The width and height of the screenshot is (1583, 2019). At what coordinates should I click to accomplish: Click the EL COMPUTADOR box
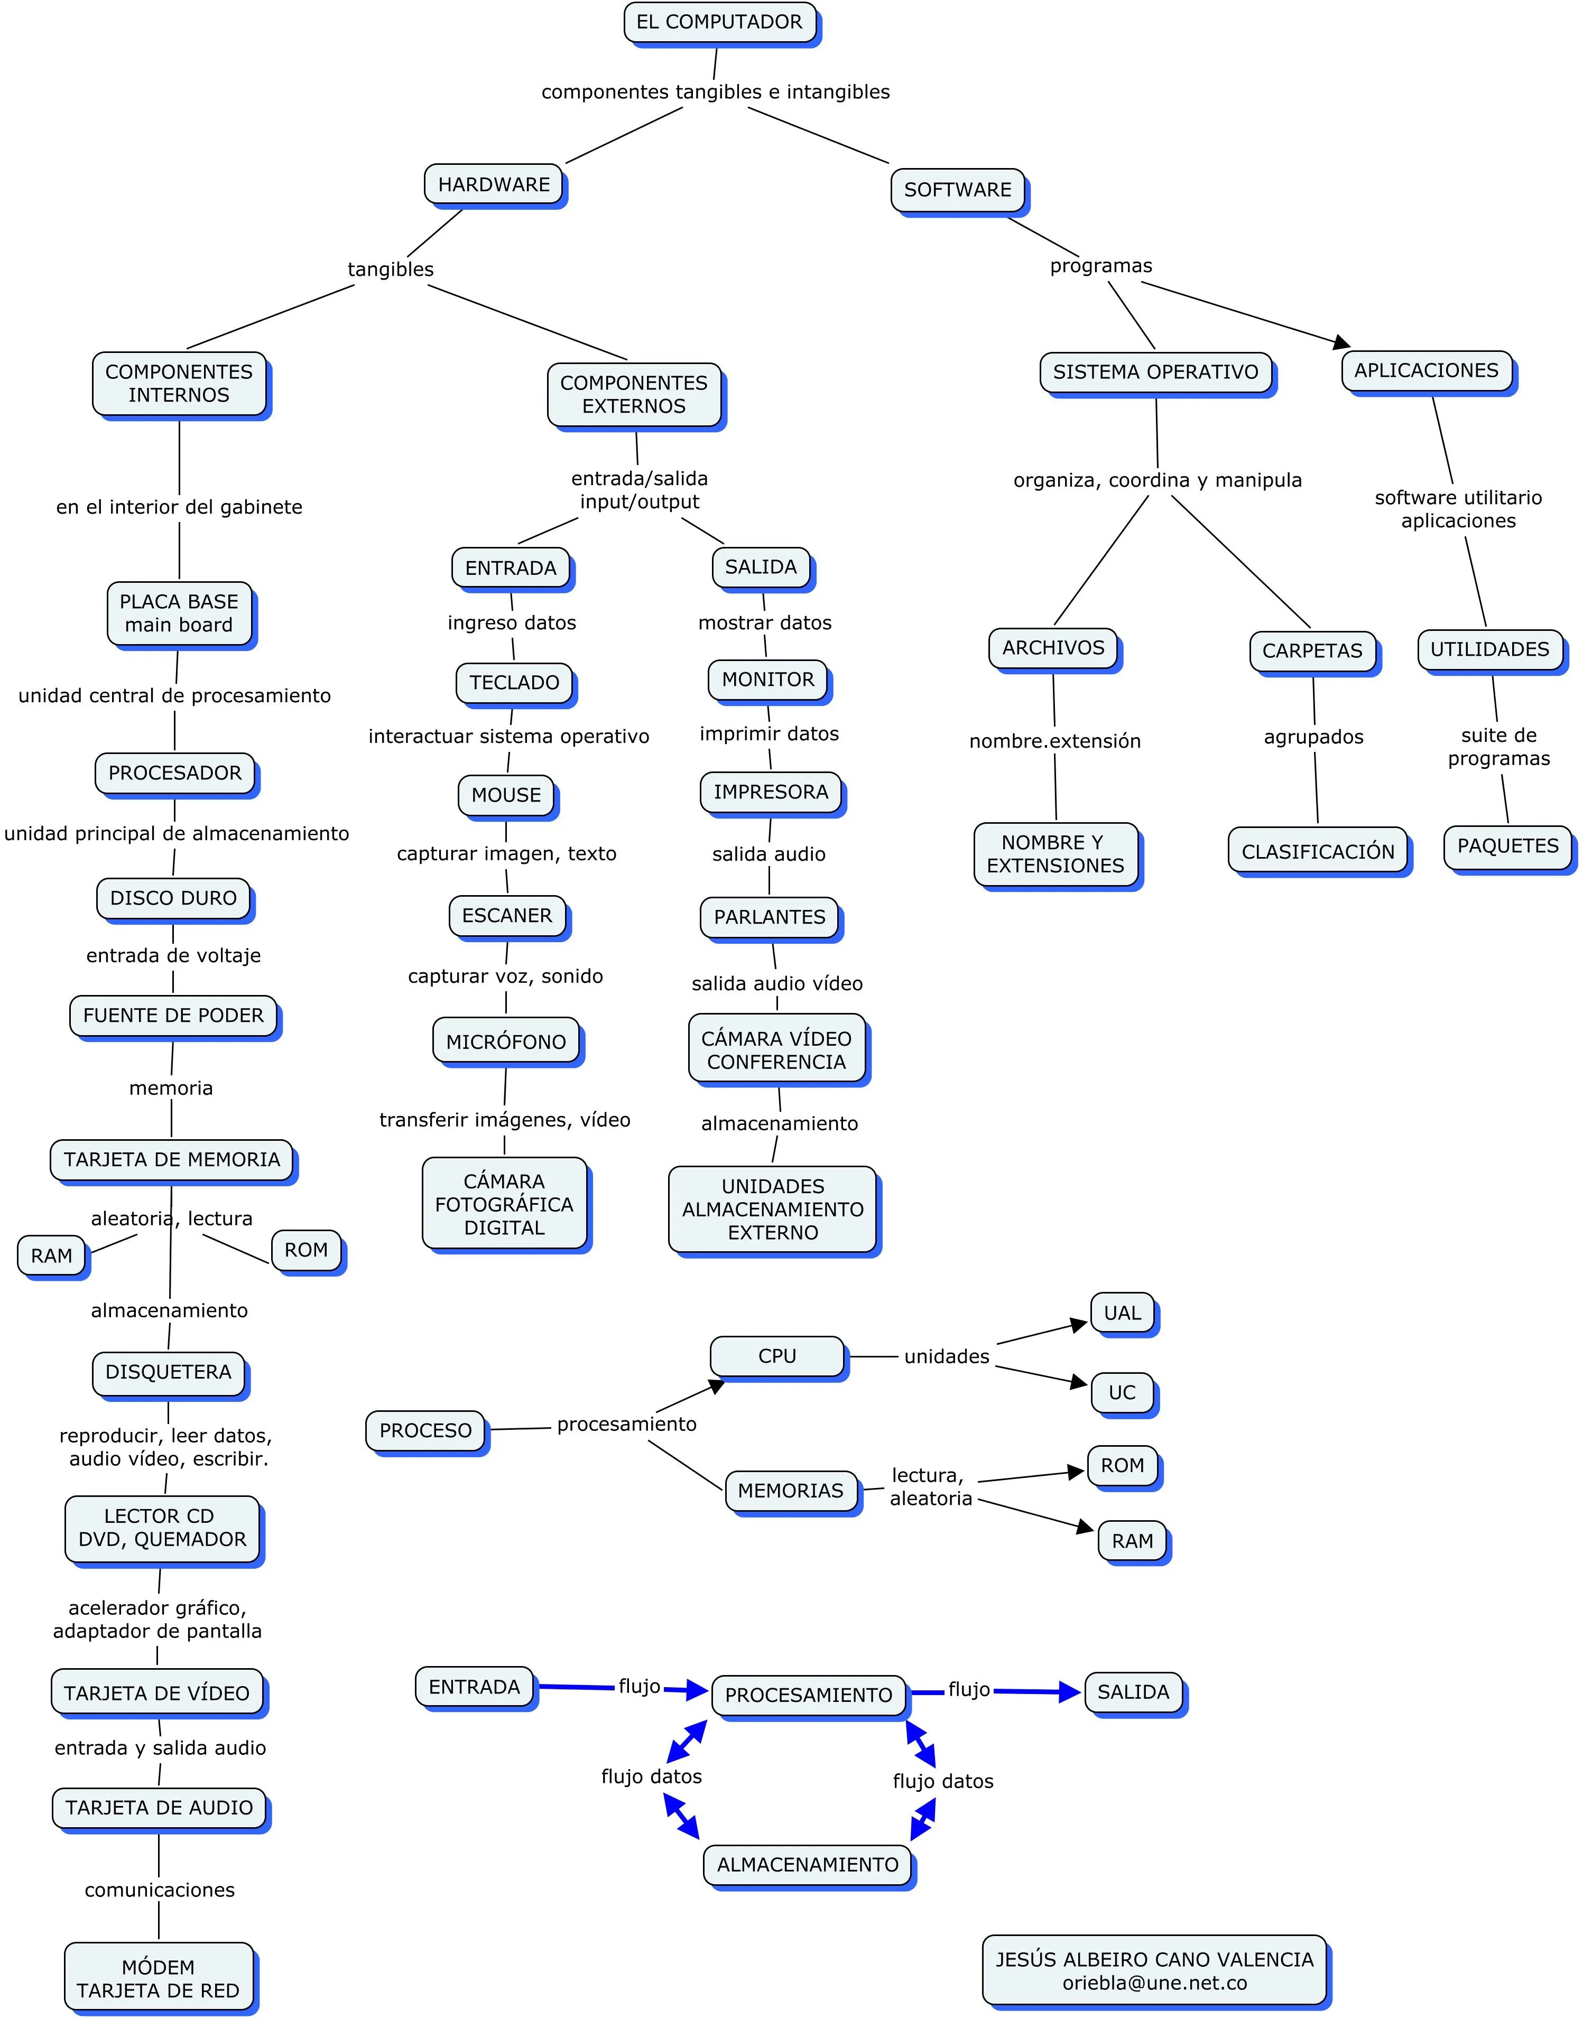(x=719, y=22)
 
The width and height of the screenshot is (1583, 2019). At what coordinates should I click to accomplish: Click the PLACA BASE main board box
(x=179, y=612)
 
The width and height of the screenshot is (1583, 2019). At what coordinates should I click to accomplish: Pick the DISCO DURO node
(x=173, y=898)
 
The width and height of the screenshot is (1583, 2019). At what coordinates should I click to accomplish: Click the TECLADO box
(x=514, y=683)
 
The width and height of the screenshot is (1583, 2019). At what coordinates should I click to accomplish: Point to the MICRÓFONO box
(x=506, y=1041)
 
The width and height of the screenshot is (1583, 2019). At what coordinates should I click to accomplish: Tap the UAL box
(x=1123, y=1313)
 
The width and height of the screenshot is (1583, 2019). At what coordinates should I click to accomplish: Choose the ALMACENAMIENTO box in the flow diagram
(x=807, y=1864)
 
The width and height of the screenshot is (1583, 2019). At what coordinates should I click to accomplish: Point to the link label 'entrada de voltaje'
(x=173, y=955)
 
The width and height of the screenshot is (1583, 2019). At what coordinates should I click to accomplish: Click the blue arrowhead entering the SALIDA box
(x=1070, y=1692)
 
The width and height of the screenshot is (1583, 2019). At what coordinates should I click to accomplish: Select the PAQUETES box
(x=1508, y=846)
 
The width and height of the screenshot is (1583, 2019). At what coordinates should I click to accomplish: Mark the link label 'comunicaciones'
(x=160, y=1890)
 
